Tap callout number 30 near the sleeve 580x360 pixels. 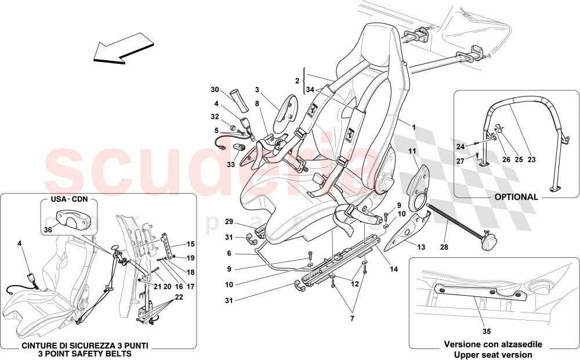[x=215, y=90]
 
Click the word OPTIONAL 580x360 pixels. [x=516, y=197]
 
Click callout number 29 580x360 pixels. [x=230, y=222]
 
